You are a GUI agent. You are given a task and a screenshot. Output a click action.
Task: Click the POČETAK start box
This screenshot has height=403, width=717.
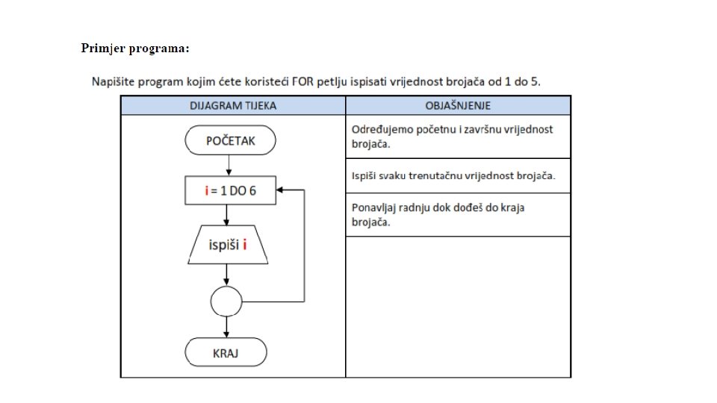tap(229, 140)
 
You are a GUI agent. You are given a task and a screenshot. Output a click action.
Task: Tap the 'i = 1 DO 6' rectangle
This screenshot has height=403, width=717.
tap(230, 190)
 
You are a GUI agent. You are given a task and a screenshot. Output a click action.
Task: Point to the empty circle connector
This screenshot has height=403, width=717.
tap(226, 302)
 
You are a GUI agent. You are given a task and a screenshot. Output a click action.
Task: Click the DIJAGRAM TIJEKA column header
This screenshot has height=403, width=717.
tap(233, 105)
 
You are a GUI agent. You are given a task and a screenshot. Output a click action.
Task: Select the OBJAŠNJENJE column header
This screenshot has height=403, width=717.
tap(457, 105)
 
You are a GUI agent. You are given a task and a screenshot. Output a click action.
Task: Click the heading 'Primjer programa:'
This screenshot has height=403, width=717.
tap(135, 49)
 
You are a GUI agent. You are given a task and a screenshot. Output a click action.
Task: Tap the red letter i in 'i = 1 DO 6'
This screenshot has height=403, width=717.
tap(206, 190)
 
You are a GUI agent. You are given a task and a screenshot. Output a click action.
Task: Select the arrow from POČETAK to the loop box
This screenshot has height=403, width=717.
tap(227, 166)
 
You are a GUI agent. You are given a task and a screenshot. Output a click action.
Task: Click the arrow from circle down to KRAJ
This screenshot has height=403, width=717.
tap(226, 327)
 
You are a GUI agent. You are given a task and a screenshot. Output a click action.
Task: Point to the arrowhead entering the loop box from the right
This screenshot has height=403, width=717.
tap(280, 190)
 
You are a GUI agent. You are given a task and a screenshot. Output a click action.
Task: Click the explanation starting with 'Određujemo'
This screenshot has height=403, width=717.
tap(452, 136)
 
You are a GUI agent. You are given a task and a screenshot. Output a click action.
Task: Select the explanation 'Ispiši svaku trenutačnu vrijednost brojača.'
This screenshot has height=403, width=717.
tap(453, 177)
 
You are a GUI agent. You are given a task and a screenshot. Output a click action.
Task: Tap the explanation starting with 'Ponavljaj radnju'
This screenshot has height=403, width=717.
tap(438, 214)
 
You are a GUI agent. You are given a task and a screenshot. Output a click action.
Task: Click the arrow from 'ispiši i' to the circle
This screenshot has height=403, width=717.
tap(226, 275)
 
